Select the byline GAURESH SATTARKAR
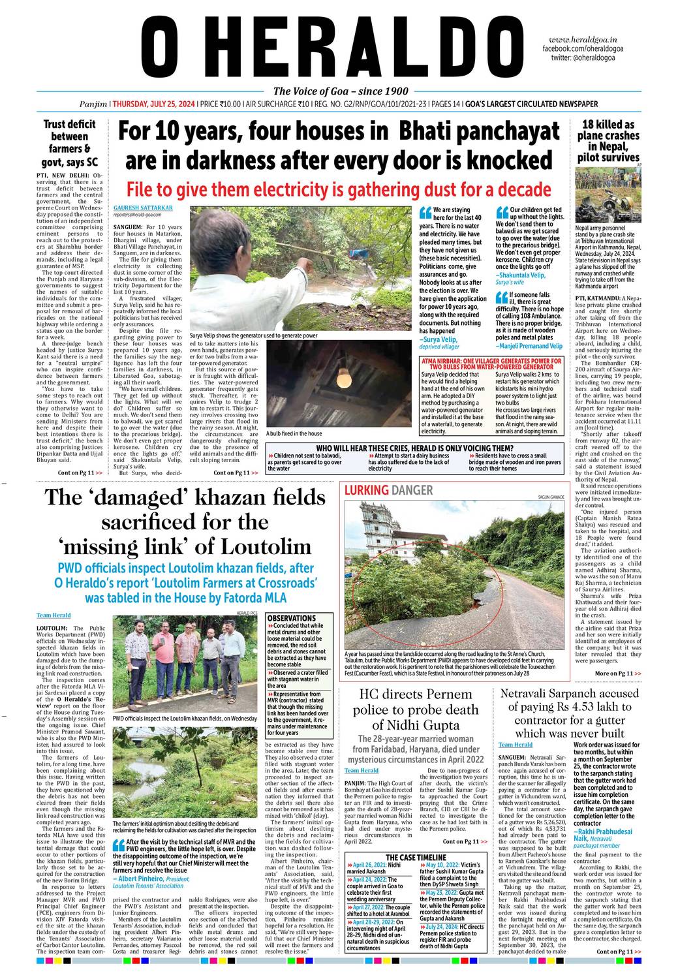[143, 208]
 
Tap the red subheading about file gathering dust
[339, 189]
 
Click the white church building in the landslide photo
[373, 542]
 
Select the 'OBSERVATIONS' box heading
[292, 617]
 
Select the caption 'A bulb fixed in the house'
[294, 433]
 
